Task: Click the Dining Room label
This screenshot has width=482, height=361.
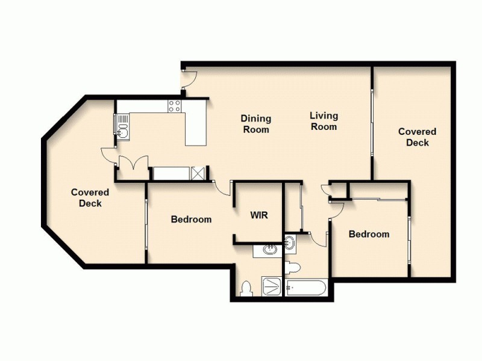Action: [x=255, y=124]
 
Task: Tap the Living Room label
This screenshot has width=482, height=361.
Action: [x=324, y=121]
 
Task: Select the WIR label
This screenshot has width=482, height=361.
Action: [x=259, y=215]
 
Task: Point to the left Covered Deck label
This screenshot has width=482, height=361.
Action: [x=90, y=197]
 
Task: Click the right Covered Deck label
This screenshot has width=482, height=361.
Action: [x=417, y=137]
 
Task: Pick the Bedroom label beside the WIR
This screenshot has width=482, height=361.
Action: [x=191, y=219]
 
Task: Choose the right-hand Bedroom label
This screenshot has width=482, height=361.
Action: [x=369, y=234]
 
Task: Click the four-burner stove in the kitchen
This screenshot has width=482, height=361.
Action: [x=175, y=106]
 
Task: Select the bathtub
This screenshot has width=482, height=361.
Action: [x=307, y=288]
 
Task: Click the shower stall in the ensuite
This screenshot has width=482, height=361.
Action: [x=272, y=286]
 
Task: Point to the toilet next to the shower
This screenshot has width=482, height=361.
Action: [x=246, y=289]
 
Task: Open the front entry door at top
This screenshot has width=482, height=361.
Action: [x=189, y=78]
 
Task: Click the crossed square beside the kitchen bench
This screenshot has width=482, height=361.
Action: [x=198, y=174]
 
